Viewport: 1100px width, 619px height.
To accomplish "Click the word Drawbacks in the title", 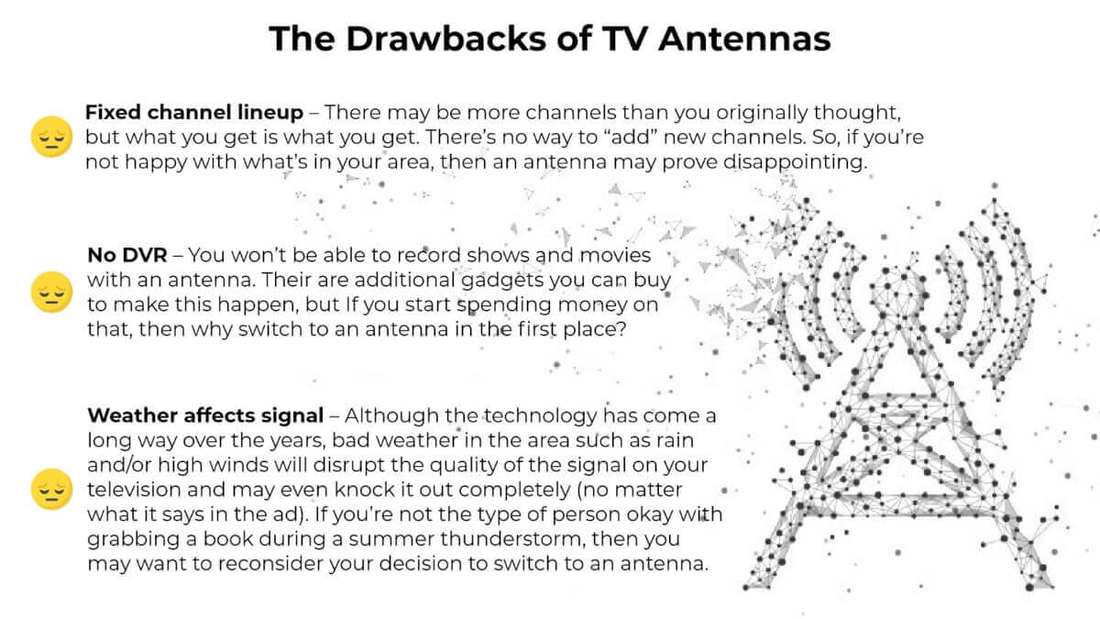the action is (x=445, y=39).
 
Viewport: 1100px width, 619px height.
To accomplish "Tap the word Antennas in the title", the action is (x=744, y=39).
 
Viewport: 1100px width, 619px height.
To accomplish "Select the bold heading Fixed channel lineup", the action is (x=194, y=113).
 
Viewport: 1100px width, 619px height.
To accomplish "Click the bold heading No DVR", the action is (x=127, y=255).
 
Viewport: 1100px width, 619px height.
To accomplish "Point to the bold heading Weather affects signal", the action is (x=205, y=415).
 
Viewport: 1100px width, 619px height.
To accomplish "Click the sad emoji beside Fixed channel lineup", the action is (x=51, y=137).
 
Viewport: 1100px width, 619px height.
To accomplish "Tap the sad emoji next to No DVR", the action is (x=51, y=292).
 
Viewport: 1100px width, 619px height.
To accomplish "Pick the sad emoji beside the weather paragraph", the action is (x=51, y=489).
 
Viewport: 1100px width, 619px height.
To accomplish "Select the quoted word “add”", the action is (x=631, y=137).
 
